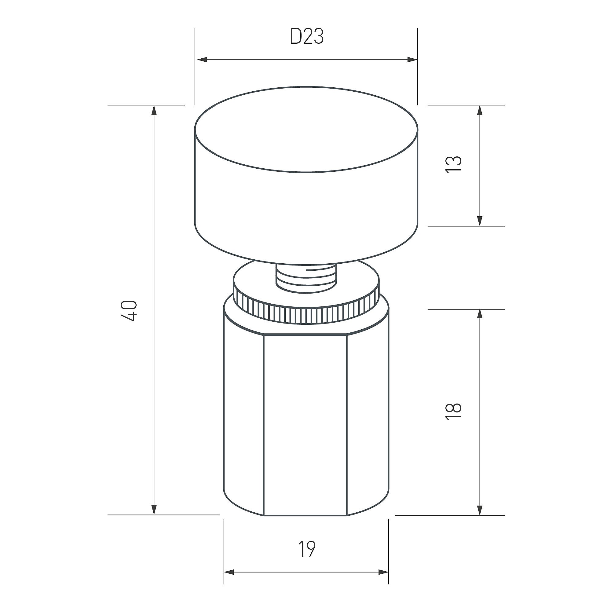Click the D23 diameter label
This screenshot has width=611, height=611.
(x=307, y=37)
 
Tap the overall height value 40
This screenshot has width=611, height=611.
(x=130, y=311)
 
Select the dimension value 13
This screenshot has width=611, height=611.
(x=453, y=164)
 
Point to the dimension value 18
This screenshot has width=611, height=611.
(x=453, y=411)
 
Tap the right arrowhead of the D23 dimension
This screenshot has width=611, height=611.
(x=412, y=60)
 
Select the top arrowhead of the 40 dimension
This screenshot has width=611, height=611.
(x=154, y=110)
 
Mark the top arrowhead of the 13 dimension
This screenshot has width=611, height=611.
(x=480, y=110)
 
